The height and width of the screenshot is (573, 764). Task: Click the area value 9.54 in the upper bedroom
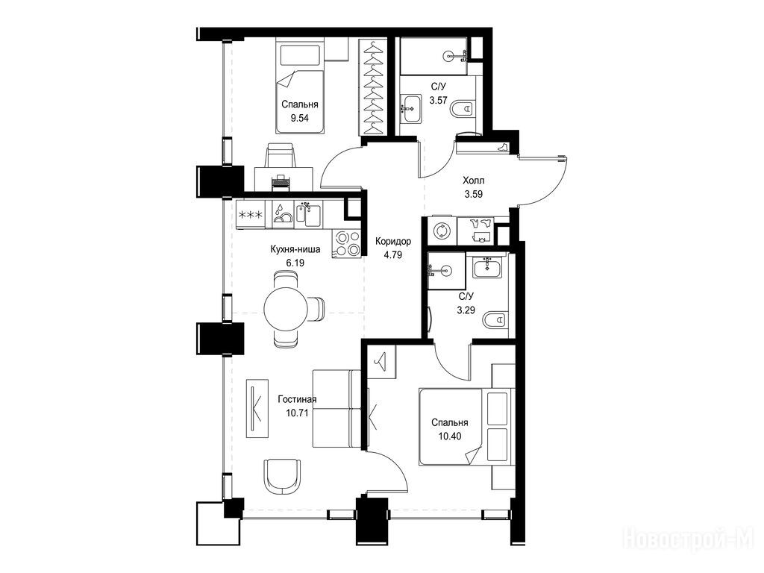tap(299, 118)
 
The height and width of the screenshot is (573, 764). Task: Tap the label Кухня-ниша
tap(295, 249)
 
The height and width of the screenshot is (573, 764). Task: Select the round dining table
tap(286, 309)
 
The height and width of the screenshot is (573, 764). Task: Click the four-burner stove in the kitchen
tap(346, 243)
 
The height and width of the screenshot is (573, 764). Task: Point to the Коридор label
tap(392, 241)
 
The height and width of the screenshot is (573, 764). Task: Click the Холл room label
tap(474, 181)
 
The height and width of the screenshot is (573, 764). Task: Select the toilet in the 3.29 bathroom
tap(495, 320)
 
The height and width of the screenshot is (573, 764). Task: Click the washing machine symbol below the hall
tap(442, 231)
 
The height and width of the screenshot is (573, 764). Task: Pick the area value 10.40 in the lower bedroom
tap(450, 436)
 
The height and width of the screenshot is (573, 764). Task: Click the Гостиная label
tap(297, 400)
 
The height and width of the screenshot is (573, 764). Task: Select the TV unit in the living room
tap(257, 408)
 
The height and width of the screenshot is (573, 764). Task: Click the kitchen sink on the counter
tap(308, 214)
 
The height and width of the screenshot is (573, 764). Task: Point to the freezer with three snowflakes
tap(250, 214)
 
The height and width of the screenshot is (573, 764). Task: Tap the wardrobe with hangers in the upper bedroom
tap(374, 87)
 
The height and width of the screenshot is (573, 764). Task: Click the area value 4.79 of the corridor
tap(392, 254)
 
